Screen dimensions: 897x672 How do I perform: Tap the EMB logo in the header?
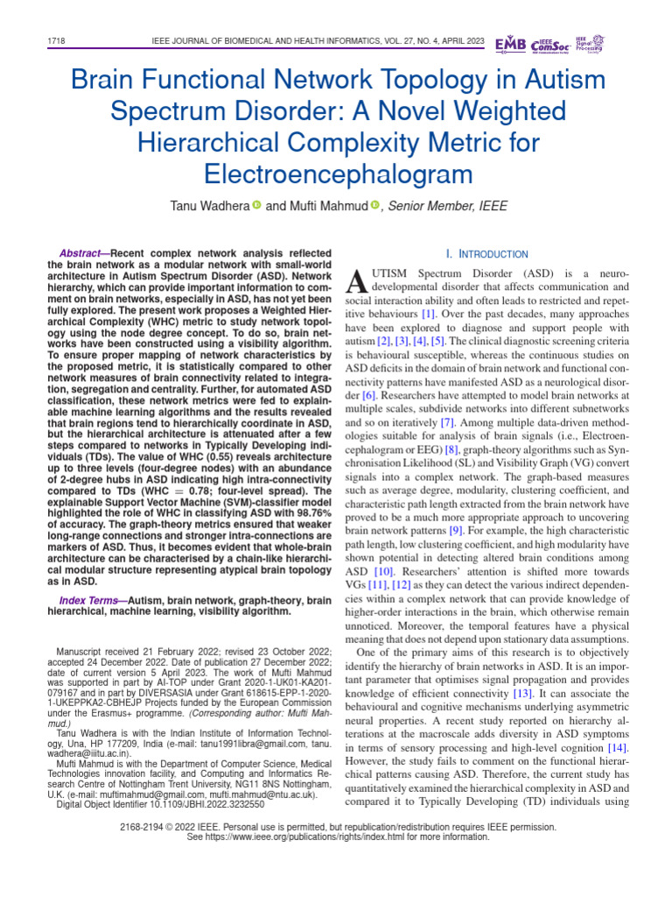point(511,44)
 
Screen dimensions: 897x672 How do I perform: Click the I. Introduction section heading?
point(486,254)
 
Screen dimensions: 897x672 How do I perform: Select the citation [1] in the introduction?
point(429,313)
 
